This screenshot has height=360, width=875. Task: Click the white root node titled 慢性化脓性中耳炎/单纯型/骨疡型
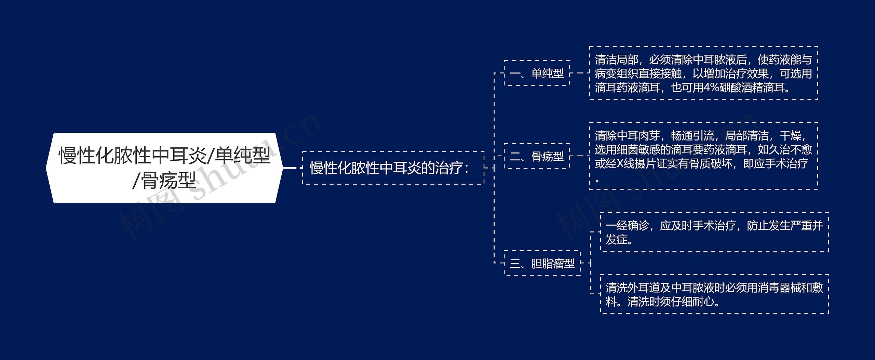164,168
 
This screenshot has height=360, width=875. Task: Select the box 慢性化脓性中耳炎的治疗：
393,168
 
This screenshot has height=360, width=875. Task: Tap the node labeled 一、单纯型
537,73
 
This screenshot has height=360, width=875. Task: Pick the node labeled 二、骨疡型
537,156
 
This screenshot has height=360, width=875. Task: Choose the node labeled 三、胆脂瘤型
542,263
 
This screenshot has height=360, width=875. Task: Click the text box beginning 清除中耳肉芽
703,156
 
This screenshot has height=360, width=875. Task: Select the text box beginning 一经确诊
714,232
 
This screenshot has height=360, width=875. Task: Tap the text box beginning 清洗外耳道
714,294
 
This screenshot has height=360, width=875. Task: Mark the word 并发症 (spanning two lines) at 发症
617,240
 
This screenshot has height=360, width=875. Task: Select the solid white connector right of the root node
291,168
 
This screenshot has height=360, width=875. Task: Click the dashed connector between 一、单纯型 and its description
580,73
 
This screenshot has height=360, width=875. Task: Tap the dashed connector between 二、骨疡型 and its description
580,156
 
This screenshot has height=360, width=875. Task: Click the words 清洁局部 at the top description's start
617,60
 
